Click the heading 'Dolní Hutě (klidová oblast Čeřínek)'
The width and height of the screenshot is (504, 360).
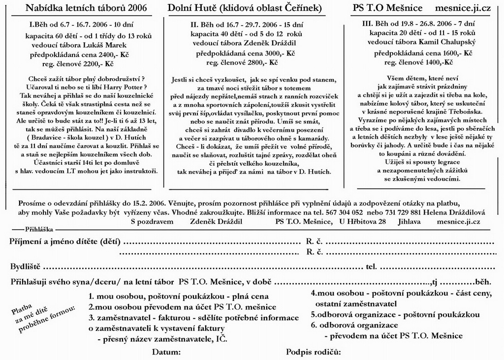[245, 9]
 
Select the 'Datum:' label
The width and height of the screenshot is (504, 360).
[166, 352]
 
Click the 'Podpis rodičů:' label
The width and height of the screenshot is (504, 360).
[314, 352]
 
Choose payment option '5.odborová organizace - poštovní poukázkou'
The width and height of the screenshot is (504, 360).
[395, 314]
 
